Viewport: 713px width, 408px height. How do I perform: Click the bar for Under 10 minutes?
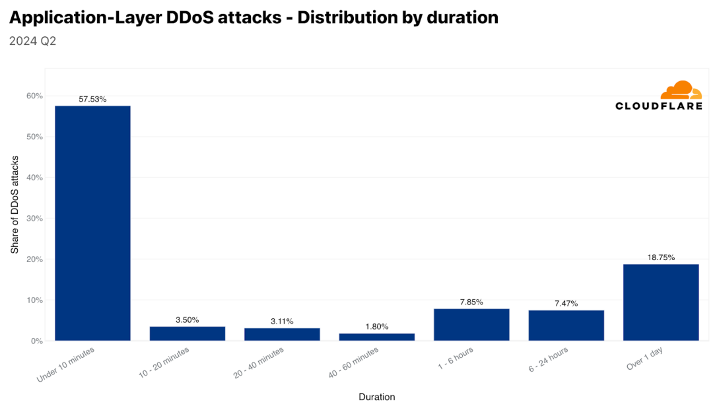(92, 223)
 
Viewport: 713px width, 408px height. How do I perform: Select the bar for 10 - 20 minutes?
(187, 333)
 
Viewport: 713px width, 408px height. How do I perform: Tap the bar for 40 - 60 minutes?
(377, 337)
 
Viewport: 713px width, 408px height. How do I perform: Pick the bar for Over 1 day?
(661, 302)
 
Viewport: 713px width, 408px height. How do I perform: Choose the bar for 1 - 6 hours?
(471, 325)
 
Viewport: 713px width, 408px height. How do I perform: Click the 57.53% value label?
(92, 100)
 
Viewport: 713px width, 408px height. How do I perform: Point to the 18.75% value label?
(661, 257)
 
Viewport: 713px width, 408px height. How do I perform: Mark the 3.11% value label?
(282, 322)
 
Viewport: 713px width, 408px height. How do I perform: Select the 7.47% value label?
(566, 304)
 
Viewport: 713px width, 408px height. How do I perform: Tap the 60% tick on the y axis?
(34, 96)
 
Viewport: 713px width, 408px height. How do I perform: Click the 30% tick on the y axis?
(34, 219)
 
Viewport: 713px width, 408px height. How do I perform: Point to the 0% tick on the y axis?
(37, 341)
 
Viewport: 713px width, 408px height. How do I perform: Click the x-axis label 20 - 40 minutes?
(259, 362)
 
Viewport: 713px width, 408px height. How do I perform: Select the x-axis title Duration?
(377, 397)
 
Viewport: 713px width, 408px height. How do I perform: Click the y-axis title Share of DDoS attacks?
(15, 205)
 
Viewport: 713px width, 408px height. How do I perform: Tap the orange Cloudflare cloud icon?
(681, 90)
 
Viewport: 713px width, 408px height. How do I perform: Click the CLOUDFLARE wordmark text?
(658, 106)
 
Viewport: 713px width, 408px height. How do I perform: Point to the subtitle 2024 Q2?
(32, 41)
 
